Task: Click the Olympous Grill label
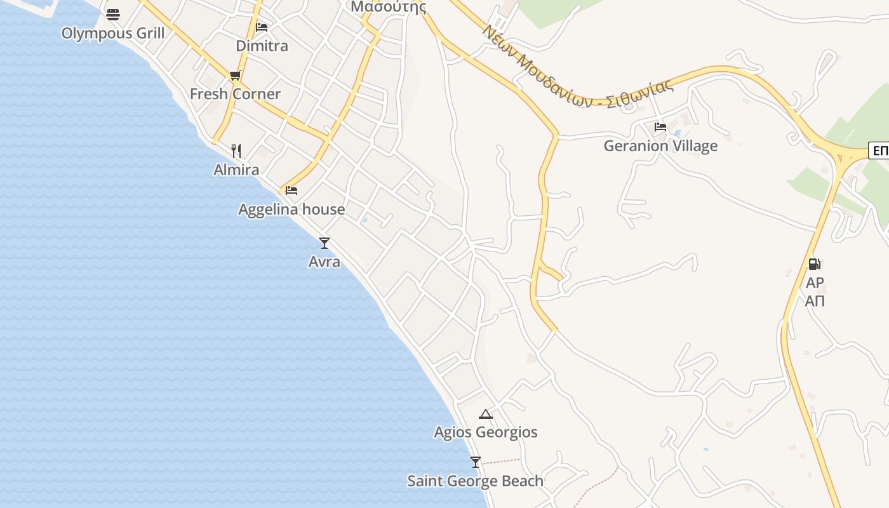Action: pos(113,33)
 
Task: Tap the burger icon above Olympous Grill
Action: pos(113,14)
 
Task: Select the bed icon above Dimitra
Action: pos(262,27)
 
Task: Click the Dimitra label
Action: pos(262,46)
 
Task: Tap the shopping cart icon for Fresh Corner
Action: pos(236,76)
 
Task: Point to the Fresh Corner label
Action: pos(235,94)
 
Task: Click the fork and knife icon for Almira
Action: pos(236,150)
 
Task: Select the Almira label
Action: pos(236,170)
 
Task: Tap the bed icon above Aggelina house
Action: pos(291,190)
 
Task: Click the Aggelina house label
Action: pos(291,209)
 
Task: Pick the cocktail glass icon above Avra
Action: pos(324,243)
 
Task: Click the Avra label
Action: pos(324,262)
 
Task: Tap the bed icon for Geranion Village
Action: pos(660,126)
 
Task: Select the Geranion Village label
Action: pos(660,145)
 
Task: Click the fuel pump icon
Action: pos(814,264)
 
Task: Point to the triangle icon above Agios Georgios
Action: pos(486,414)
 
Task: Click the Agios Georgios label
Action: pos(486,432)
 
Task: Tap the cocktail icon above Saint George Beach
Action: pos(476,462)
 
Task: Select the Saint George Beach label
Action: pos(476,481)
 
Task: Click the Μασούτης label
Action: pos(389,7)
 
